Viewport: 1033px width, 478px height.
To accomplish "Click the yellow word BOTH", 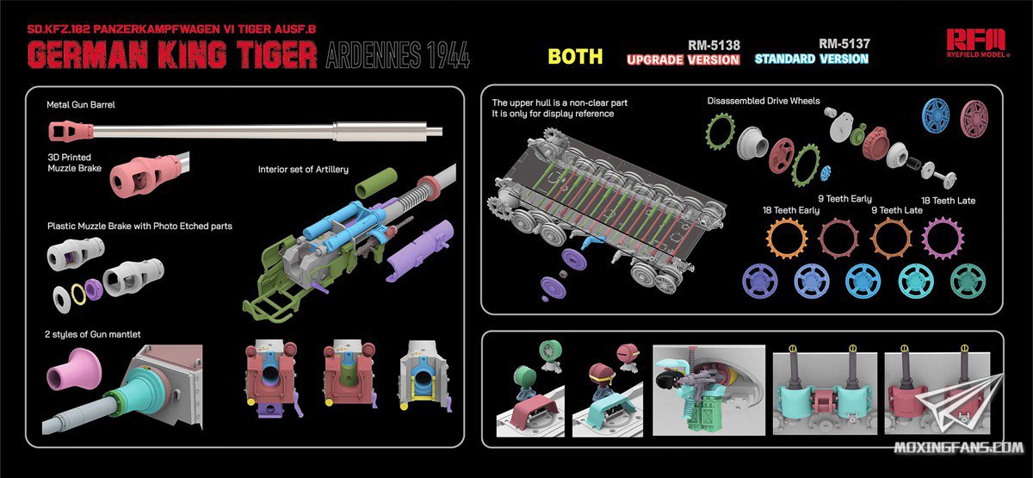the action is coord(575,56).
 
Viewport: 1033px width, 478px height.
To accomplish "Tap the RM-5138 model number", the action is coord(714,45).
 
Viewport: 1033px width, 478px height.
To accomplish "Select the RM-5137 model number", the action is coord(844,44).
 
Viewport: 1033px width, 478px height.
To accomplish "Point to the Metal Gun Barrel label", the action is coord(81,105).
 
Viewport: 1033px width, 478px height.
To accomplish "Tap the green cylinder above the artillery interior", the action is coord(376,182).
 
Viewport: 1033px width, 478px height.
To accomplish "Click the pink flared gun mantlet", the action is coord(74,369).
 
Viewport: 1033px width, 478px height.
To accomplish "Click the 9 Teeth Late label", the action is coord(897,210).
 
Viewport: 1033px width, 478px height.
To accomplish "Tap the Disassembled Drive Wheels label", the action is coord(764,101).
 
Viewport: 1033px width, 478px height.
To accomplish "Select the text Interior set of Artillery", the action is coord(303,170).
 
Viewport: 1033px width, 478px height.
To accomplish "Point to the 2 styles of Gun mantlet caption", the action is coord(93,334).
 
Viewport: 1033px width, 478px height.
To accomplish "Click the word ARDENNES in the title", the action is coord(373,55).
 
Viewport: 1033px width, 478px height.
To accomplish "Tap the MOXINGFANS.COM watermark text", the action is coord(958,447).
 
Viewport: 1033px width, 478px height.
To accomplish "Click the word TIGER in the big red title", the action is coord(270,55).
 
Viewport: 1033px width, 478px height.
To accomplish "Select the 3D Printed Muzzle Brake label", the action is coord(74,163).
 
